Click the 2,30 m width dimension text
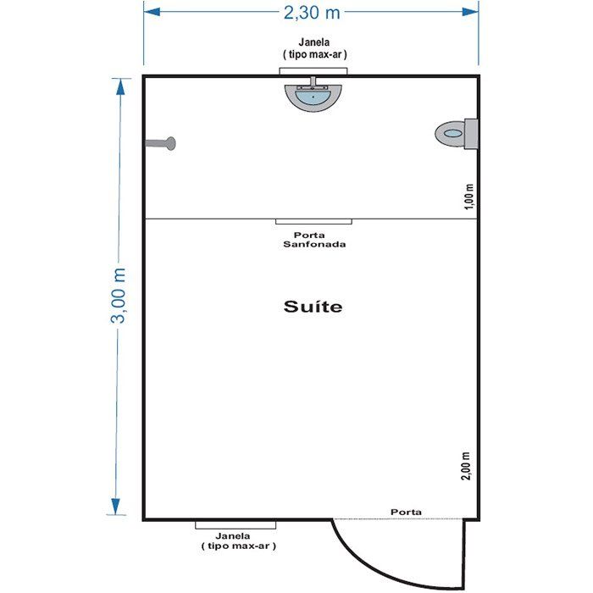312,13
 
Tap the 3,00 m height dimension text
118,296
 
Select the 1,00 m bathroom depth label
468,197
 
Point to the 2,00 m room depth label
466,466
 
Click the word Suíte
313,307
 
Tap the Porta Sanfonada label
314,240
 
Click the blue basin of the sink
313,97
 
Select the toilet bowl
450,134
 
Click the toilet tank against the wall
471,134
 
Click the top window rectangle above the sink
313,71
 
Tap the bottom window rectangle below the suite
236,525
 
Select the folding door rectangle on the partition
314,222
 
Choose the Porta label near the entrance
406,512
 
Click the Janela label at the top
314,48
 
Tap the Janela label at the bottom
238,540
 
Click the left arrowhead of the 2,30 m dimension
152,12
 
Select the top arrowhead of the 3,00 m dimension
120,86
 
